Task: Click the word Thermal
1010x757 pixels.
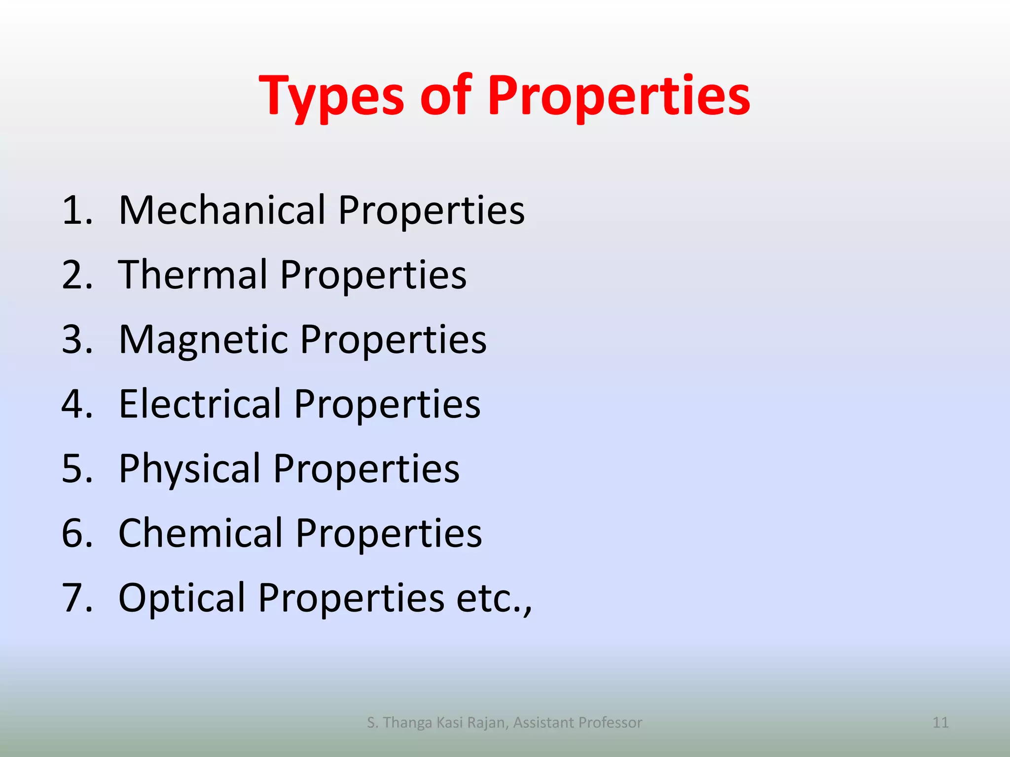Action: (x=193, y=275)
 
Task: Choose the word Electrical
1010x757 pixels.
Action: (x=200, y=404)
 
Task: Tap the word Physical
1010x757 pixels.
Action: (x=190, y=468)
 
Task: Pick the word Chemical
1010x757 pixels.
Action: (x=201, y=533)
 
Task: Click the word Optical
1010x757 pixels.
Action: (x=182, y=598)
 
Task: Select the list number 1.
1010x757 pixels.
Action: (x=77, y=210)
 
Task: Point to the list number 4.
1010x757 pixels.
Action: (x=77, y=404)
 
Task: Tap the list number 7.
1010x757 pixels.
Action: (x=77, y=598)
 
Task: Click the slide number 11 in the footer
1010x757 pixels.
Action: (x=940, y=723)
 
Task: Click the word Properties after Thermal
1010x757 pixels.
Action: (x=373, y=275)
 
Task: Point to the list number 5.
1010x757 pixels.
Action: (x=77, y=469)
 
